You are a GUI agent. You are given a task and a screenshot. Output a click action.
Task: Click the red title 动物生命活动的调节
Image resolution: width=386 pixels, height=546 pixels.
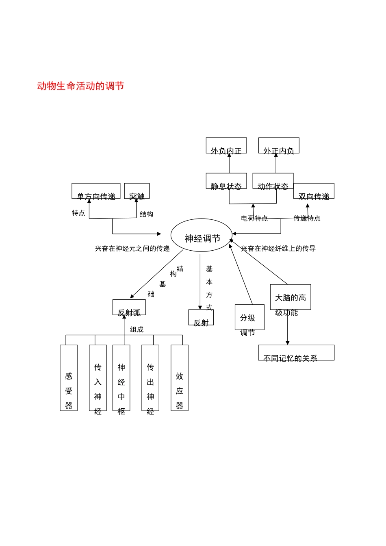[80, 86]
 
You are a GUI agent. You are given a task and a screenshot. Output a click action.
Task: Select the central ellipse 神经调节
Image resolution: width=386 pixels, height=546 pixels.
[202, 235]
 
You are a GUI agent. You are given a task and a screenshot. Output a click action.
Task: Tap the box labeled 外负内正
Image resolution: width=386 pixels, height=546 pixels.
[226, 146]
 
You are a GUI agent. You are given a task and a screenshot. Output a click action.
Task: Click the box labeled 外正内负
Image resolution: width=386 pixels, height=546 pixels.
[279, 146]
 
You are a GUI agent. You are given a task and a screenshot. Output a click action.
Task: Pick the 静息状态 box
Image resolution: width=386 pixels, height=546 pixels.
[226, 181]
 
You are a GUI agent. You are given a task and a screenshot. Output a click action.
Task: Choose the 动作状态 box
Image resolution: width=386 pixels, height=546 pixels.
[273, 181]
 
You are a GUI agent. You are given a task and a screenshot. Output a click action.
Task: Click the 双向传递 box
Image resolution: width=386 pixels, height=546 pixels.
[314, 191]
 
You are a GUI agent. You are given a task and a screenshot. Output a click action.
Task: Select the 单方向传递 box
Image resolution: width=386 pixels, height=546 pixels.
[96, 191]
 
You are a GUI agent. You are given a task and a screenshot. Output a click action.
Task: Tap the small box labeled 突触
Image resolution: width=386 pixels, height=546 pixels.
[137, 191]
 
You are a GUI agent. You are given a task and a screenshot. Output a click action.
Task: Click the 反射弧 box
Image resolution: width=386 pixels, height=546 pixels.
[129, 308]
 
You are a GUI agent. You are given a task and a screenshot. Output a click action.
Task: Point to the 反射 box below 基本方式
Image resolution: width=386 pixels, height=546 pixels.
[201, 318]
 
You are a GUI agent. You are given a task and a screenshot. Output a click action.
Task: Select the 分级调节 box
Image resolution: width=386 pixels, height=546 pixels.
[249, 318]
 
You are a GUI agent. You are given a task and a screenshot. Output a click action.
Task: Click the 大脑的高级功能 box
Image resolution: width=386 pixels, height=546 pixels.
[291, 297]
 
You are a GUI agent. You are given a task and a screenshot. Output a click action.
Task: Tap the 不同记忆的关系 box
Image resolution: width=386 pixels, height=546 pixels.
[296, 353]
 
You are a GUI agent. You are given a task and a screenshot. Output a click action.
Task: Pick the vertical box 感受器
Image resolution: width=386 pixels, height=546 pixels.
[69, 378]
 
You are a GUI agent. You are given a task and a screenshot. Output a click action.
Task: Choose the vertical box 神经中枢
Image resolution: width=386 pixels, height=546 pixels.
[121, 378]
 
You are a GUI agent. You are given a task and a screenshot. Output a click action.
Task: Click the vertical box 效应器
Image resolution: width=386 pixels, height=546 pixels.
[180, 378]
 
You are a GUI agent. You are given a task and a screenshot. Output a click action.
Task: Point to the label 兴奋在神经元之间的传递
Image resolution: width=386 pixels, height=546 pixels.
[132, 249]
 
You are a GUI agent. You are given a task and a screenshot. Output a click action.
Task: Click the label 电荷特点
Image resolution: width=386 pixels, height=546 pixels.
[254, 218]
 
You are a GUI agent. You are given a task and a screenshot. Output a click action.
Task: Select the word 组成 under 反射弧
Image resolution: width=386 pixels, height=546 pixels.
[137, 329]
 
